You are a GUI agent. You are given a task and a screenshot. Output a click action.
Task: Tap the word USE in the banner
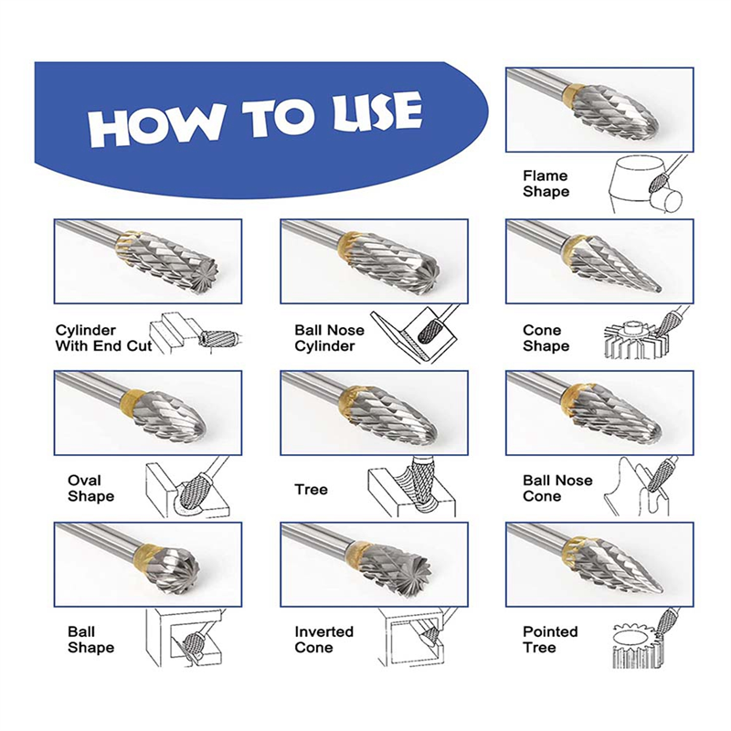[x=377, y=111]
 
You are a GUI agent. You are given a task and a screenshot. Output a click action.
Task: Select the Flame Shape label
[x=546, y=184]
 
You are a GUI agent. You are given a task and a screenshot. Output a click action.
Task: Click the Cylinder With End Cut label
[x=103, y=338]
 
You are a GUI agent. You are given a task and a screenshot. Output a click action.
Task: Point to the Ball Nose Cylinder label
[x=329, y=338]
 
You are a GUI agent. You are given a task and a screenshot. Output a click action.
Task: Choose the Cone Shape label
[x=546, y=338]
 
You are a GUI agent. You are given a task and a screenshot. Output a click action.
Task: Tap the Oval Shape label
[x=90, y=488]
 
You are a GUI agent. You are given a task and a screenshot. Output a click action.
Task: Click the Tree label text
[x=311, y=490]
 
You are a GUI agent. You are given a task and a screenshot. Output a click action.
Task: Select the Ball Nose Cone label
[x=557, y=488]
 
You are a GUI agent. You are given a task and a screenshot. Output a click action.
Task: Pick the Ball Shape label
[x=90, y=640]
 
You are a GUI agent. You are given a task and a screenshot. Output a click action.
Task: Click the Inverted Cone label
[x=324, y=640]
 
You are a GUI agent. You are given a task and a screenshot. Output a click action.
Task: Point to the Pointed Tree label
[x=550, y=640]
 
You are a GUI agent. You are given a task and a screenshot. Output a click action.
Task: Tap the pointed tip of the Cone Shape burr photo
[x=658, y=291]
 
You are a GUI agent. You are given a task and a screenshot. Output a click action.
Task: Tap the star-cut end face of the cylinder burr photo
[x=202, y=276]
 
